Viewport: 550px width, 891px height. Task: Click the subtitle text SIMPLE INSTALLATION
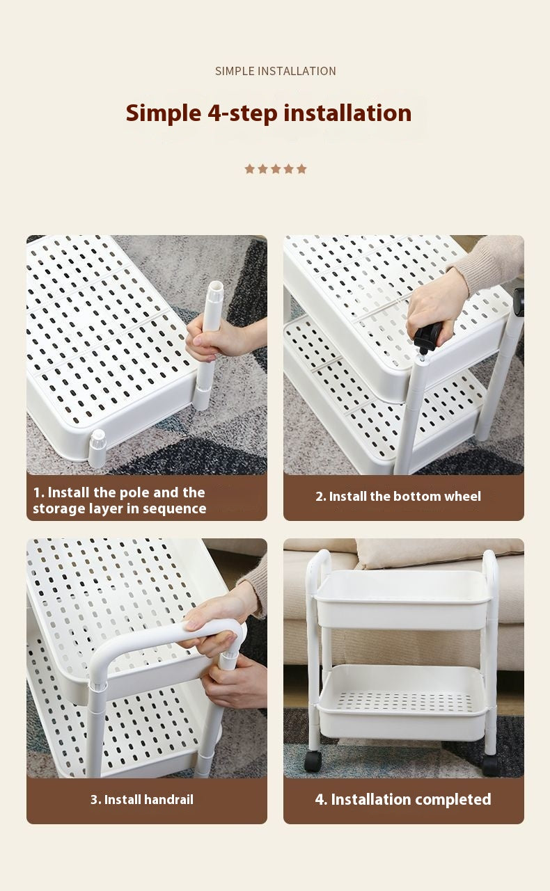point(275,71)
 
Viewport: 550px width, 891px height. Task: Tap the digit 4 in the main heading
point(214,113)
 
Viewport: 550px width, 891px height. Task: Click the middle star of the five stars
point(276,169)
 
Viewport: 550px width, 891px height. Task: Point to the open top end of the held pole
point(215,286)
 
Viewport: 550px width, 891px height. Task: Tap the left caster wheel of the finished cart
point(313,760)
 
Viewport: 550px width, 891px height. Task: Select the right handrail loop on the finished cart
point(491,569)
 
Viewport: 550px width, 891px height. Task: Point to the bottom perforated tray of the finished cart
point(403,702)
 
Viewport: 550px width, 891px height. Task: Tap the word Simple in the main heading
point(164,113)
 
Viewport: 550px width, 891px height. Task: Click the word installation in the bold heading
point(347,113)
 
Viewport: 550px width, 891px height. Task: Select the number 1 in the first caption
point(38,493)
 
